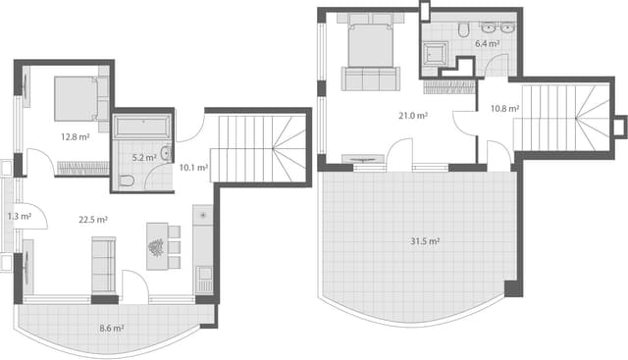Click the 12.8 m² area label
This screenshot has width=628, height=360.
click(75, 137)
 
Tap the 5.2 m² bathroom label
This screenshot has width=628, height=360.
click(144, 157)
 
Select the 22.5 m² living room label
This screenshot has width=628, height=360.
click(93, 220)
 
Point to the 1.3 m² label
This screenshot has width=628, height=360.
click(15, 216)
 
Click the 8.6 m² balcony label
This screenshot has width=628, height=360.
click(112, 330)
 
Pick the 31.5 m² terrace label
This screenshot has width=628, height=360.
click(424, 241)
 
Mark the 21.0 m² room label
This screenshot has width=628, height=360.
click(412, 116)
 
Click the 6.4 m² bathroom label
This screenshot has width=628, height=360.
click(488, 44)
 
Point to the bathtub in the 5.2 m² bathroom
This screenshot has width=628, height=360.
click(142, 128)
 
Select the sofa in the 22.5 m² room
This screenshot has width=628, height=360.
click(103, 264)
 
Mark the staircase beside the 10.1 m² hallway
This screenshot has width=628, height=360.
click(259, 148)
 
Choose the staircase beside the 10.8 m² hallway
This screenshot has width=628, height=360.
click(564, 118)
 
